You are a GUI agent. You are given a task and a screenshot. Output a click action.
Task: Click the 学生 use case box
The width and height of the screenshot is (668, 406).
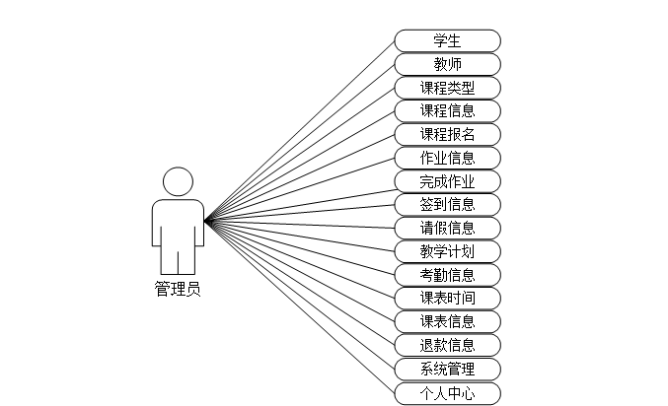447,40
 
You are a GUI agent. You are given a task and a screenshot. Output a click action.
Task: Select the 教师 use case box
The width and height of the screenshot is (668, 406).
447,64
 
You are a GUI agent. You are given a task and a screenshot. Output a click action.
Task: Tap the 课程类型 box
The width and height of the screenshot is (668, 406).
447,88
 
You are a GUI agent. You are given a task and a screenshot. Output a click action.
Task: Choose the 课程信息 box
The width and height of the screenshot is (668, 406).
447,110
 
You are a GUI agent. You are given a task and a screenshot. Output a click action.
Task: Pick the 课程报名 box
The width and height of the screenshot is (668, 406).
447,134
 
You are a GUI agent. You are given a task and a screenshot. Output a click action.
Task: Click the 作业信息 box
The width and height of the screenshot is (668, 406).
447,158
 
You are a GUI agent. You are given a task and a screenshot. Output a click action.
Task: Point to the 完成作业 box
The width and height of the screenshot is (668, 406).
447,181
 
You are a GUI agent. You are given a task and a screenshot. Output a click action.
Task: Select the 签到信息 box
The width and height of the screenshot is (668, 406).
447,204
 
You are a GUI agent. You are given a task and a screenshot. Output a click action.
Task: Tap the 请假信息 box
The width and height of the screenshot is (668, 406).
447,228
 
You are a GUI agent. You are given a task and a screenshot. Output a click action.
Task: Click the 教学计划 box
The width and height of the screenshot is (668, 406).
447,251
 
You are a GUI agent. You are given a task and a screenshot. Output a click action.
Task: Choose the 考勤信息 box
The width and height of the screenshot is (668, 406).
447,275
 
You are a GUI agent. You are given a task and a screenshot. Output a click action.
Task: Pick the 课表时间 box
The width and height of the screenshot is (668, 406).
447,298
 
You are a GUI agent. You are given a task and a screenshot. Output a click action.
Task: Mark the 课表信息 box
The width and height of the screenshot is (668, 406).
447,321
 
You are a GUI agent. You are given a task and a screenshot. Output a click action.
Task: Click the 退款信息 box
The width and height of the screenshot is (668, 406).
447,345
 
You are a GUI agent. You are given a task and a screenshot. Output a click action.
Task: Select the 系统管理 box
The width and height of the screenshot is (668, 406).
447,370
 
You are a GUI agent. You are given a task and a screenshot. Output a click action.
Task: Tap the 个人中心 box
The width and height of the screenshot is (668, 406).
447,393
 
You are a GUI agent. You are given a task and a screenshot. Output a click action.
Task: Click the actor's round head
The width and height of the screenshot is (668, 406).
178,181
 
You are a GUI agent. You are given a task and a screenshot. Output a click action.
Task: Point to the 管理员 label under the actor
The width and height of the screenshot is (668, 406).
178,289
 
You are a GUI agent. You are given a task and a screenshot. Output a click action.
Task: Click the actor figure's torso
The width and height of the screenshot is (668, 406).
178,225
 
